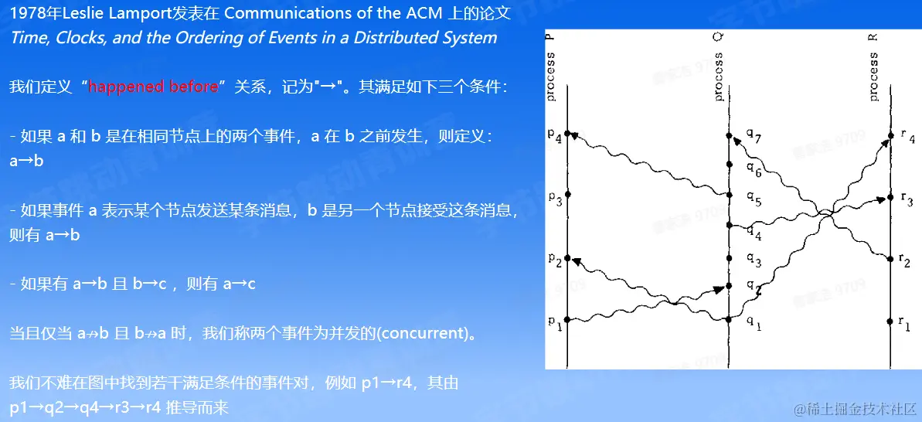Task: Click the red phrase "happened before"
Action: (154, 87)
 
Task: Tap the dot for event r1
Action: (891, 321)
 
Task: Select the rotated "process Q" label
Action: (719, 66)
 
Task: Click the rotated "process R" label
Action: (873, 66)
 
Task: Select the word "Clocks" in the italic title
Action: (80, 38)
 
